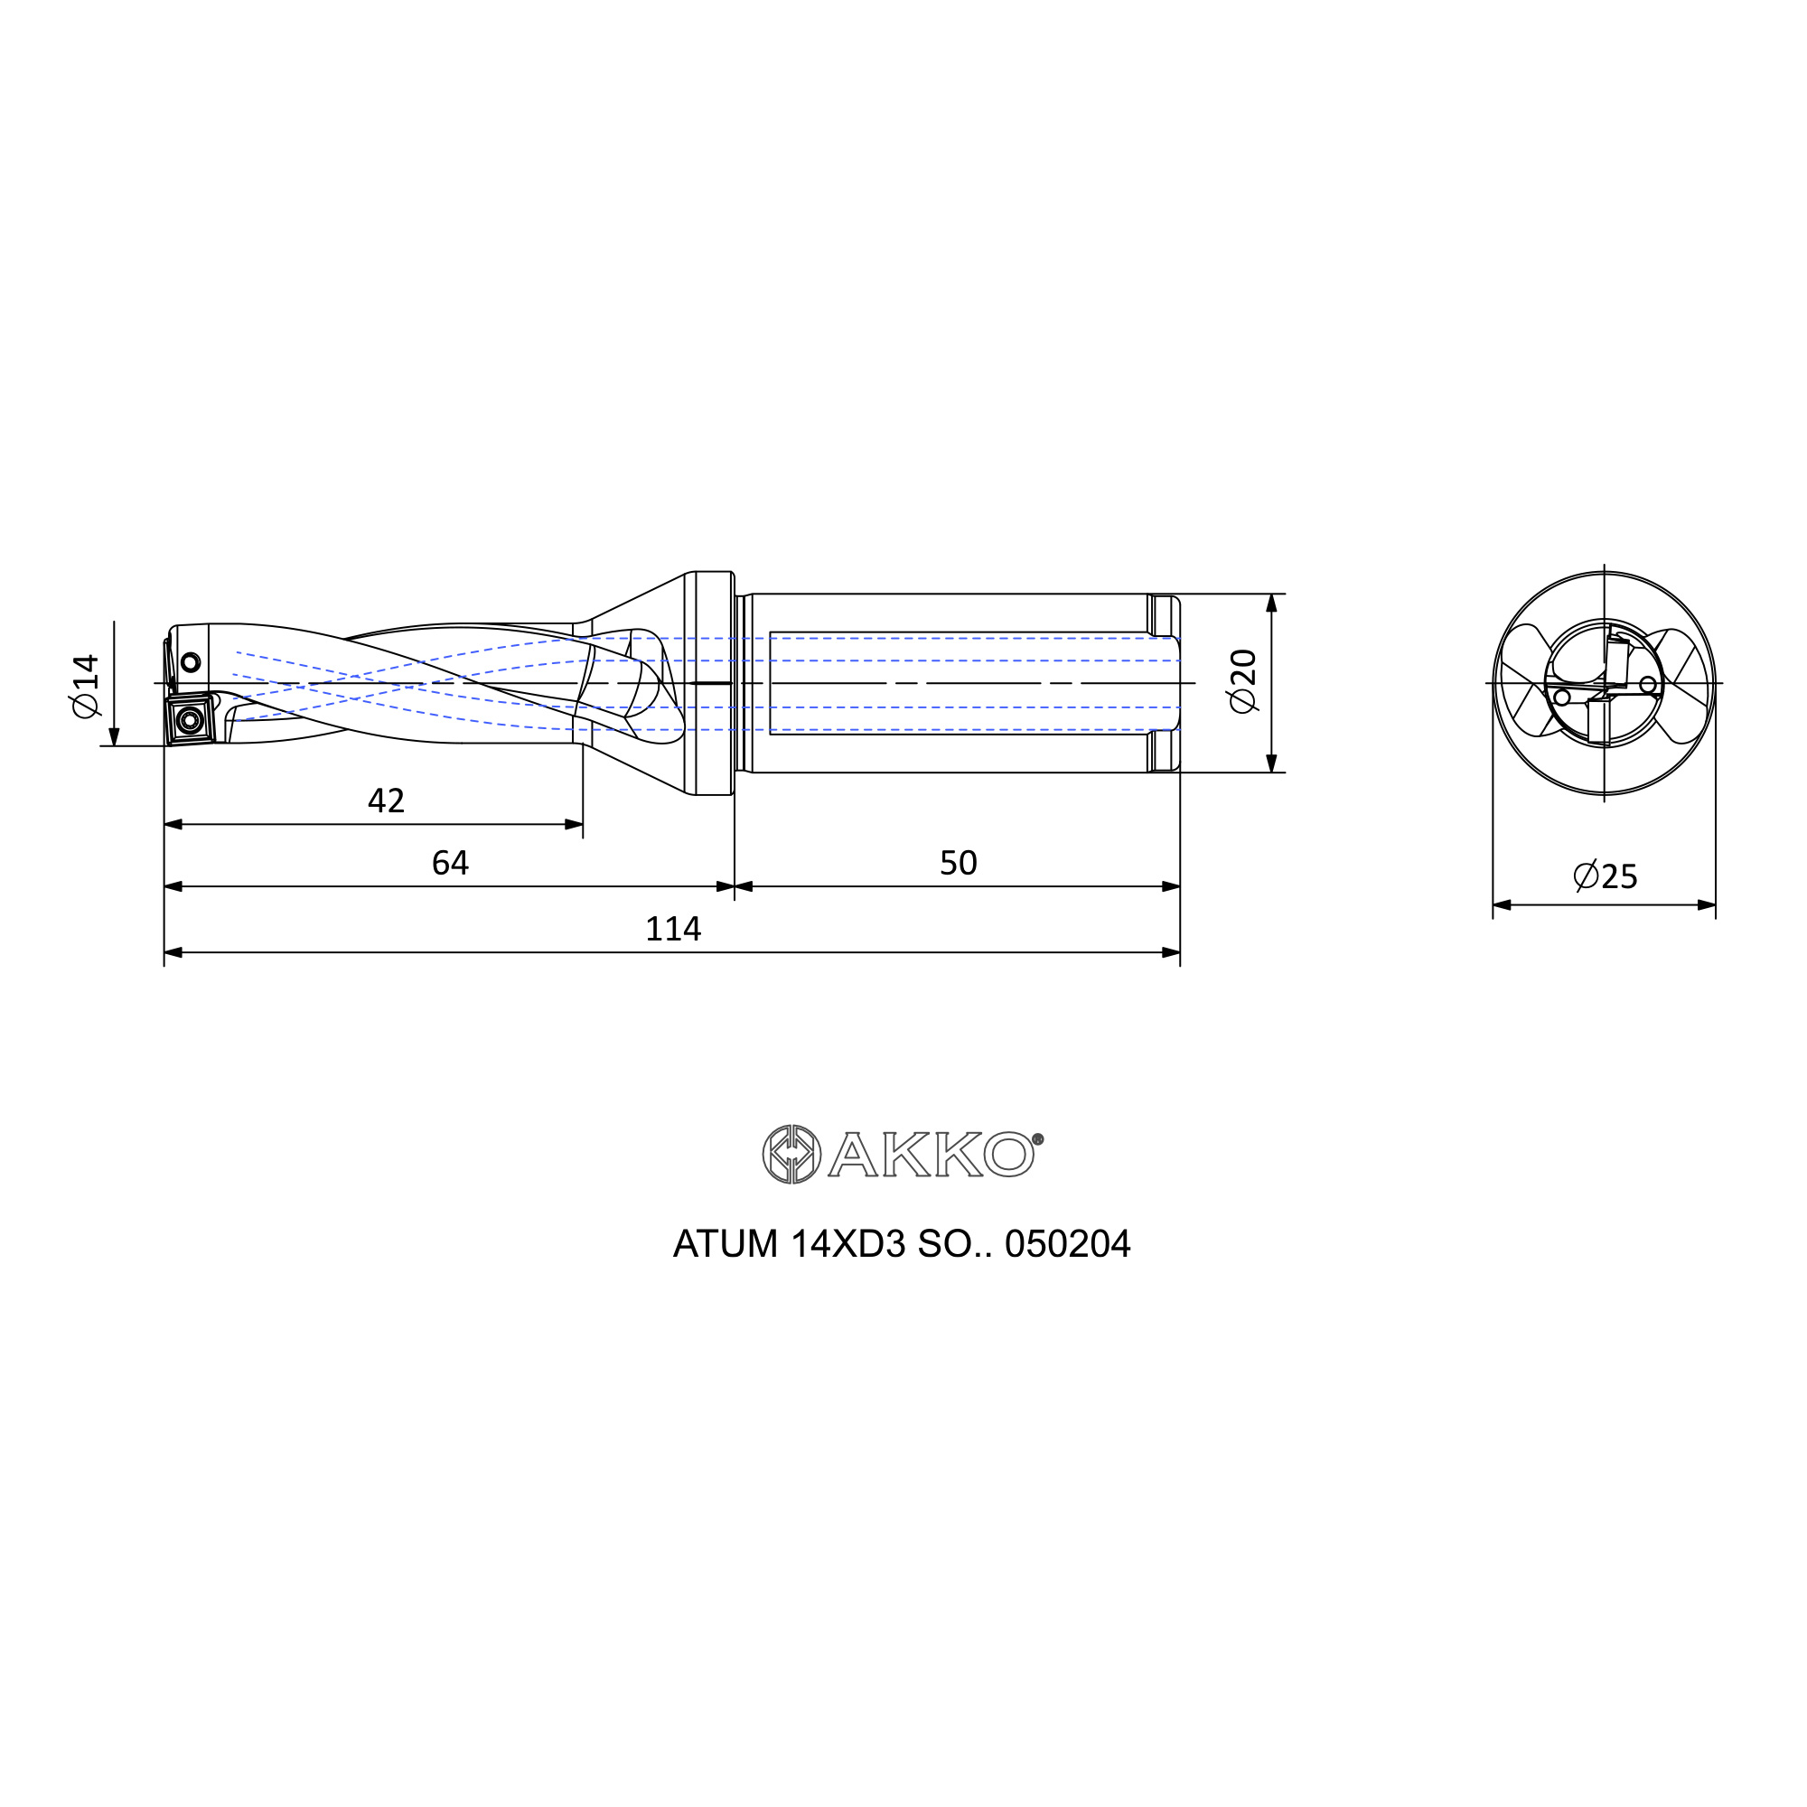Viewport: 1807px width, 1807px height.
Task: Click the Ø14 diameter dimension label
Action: [85, 686]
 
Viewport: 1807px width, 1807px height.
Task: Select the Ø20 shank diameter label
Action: [1244, 681]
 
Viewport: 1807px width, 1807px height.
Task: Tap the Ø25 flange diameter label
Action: [1605, 876]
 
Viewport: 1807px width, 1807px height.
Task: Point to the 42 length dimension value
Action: [387, 801]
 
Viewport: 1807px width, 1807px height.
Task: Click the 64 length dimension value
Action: [450, 862]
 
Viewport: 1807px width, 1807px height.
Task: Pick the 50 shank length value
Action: [959, 862]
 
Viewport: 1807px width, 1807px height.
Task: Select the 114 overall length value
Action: [672, 929]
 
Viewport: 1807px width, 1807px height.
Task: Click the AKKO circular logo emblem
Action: [791, 1154]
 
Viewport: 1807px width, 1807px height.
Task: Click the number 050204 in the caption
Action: [1067, 1244]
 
